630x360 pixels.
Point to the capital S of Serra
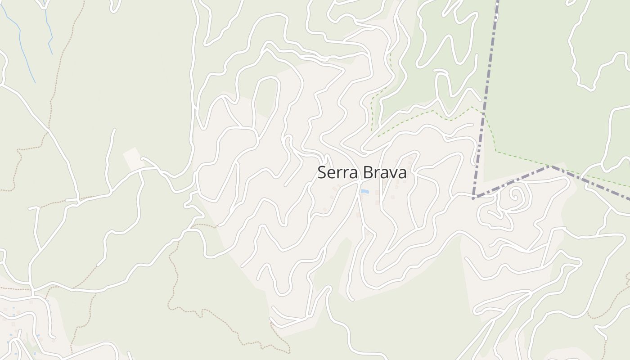coord(321,173)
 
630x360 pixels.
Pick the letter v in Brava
coord(392,174)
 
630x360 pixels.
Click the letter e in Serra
coord(330,174)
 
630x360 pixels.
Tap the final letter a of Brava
coord(402,174)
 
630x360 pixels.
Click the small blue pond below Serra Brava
coord(364,192)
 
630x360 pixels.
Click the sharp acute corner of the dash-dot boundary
coord(473,198)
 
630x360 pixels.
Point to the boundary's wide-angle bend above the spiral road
coord(550,166)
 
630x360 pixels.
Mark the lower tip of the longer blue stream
coord(35,82)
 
